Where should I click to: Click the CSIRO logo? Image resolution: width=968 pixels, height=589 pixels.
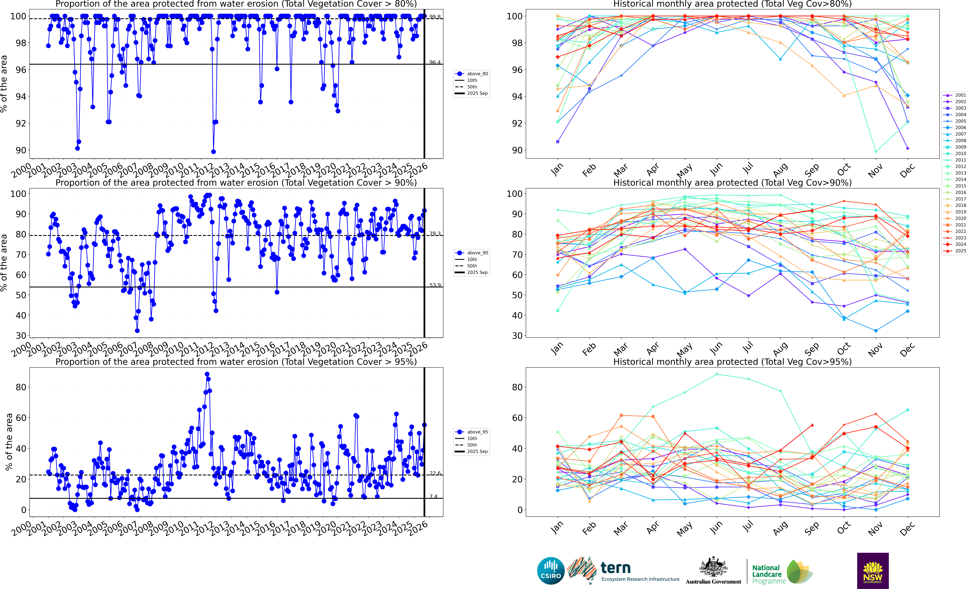[551, 571]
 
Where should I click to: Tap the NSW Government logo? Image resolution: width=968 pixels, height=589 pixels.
[873, 571]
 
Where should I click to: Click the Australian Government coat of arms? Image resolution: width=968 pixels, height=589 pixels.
[713, 567]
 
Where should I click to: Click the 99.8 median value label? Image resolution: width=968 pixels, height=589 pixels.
[435, 17]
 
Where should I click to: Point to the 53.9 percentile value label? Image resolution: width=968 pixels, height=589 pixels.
[435, 285]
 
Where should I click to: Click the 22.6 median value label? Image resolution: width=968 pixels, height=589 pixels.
[435, 473]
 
